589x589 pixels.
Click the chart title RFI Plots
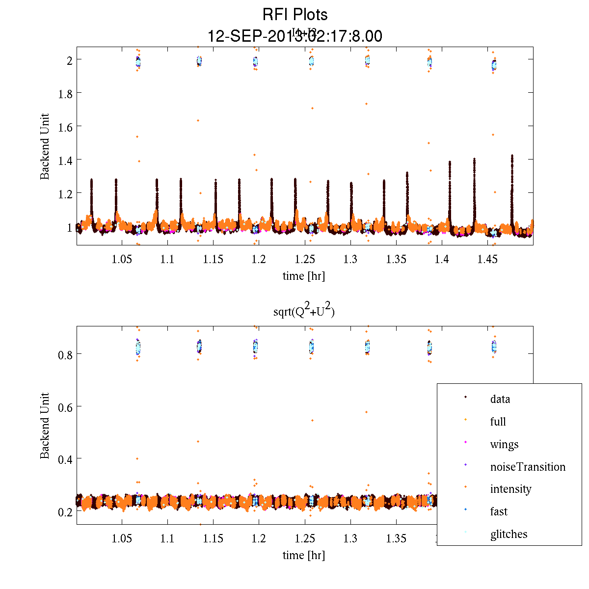click(x=294, y=15)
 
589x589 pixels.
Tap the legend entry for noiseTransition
click(x=528, y=467)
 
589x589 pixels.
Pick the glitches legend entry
click(x=509, y=534)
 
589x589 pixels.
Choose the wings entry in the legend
click(x=504, y=444)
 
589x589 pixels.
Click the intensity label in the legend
click(x=510, y=489)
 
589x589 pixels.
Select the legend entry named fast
click(x=499, y=511)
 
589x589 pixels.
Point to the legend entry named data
click(x=500, y=399)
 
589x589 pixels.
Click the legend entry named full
click(x=498, y=422)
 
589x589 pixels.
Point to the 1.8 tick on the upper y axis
click(x=65, y=93)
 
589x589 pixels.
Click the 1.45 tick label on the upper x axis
click(x=487, y=260)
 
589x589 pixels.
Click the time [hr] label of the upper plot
click(x=303, y=276)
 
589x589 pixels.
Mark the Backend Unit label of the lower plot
click(x=45, y=426)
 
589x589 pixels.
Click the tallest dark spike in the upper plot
click(x=512, y=156)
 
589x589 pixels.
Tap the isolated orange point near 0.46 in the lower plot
click(x=198, y=441)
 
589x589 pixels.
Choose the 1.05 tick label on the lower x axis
click(x=122, y=539)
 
